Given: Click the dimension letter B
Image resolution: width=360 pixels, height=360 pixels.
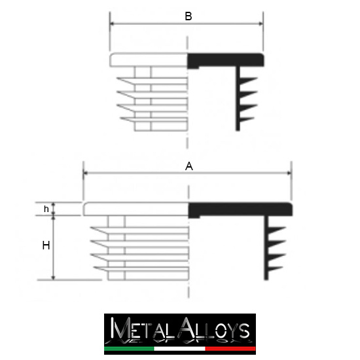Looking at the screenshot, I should tap(188, 16).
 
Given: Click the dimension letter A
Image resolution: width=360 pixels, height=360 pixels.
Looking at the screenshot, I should tap(189, 166).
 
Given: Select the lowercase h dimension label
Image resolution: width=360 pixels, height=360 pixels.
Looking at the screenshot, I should tap(46, 209).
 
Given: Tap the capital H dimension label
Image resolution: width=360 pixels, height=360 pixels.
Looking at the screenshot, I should tap(46, 245).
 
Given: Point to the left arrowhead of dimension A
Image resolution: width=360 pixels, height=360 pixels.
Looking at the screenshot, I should tap(86, 174).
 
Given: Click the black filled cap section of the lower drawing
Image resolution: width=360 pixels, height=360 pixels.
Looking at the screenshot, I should tap(239, 209).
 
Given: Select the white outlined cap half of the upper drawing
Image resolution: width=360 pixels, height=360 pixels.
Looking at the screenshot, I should tap(149, 60).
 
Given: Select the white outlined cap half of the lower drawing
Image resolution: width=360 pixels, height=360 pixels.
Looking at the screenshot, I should tap(135, 209).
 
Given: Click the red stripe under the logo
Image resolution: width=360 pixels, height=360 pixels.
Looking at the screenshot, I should tap(230, 350).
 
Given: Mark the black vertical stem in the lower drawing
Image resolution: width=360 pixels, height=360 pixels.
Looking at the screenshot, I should tap(267, 249).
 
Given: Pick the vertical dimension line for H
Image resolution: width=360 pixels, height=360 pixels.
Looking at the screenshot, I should tap(54, 247).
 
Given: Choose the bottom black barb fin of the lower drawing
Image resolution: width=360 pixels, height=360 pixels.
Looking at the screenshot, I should tap(276, 269).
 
